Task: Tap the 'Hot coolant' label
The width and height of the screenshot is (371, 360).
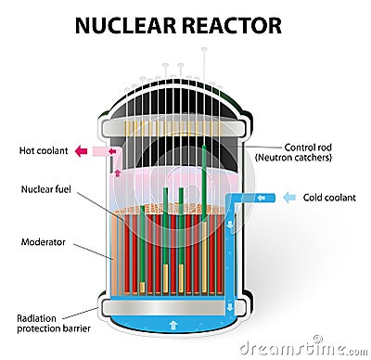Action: coord(41,150)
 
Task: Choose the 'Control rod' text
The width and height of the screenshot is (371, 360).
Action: coord(308,147)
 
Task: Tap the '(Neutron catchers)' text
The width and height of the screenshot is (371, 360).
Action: coord(308,159)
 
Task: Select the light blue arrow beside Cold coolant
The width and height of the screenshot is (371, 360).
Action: coord(290,197)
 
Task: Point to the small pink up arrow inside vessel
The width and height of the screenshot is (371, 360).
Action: coord(117,171)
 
